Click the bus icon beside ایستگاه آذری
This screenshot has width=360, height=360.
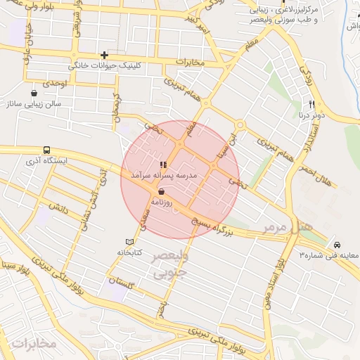pos(46,150)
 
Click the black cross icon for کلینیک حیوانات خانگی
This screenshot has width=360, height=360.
pos(104,54)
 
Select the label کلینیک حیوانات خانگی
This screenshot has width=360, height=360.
pos(105,65)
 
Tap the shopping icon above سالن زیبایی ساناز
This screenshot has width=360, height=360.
pos(34,93)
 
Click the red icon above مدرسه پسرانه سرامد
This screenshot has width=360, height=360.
pos(164,165)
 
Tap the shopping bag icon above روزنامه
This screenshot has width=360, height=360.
pos(162,191)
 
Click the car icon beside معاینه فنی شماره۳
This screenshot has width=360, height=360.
pos(337,243)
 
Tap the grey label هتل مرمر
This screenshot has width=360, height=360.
pos(287,227)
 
